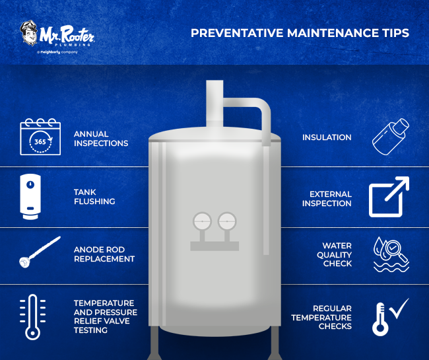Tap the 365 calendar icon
(x=40, y=137)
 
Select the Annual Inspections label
(x=101, y=139)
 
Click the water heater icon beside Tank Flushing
(x=30, y=197)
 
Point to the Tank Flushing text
(x=94, y=197)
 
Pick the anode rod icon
(x=40, y=252)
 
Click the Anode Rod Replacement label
(x=104, y=254)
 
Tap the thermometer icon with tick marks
(x=32, y=317)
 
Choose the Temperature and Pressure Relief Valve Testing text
(x=106, y=316)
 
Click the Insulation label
(x=327, y=137)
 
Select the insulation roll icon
(x=391, y=137)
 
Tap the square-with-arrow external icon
(x=389, y=197)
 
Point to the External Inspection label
(x=327, y=199)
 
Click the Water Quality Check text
(x=334, y=254)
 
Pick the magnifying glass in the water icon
(x=395, y=250)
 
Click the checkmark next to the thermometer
(x=399, y=308)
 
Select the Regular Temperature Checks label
(x=321, y=317)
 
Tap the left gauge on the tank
(x=202, y=221)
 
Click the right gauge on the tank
(x=227, y=221)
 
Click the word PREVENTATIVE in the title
(x=237, y=33)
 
